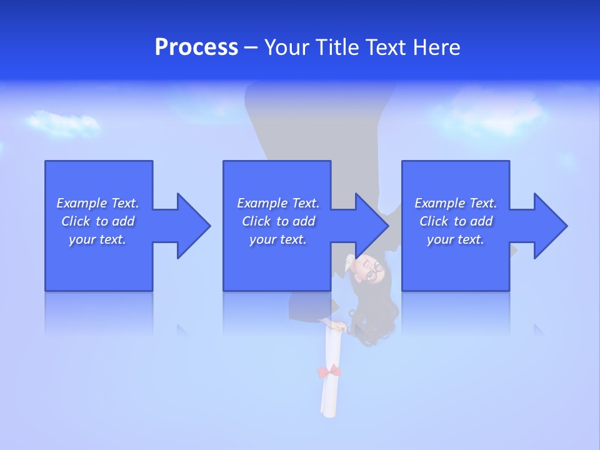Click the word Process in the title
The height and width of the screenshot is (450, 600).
(x=196, y=47)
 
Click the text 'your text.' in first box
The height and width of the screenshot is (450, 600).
(x=97, y=239)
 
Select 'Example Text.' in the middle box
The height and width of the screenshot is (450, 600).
(x=277, y=203)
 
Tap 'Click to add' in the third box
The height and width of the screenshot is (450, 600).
(x=456, y=221)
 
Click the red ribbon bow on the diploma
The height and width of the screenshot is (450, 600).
(x=329, y=371)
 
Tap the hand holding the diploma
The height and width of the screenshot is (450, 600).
(x=339, y=326)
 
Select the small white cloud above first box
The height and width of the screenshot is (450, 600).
(x=62, y=123)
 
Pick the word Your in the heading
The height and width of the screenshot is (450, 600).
(x=286, y=47)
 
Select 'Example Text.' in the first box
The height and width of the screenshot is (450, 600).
(x=97, y=203)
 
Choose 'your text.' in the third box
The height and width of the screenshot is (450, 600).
(x=456, y=239)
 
